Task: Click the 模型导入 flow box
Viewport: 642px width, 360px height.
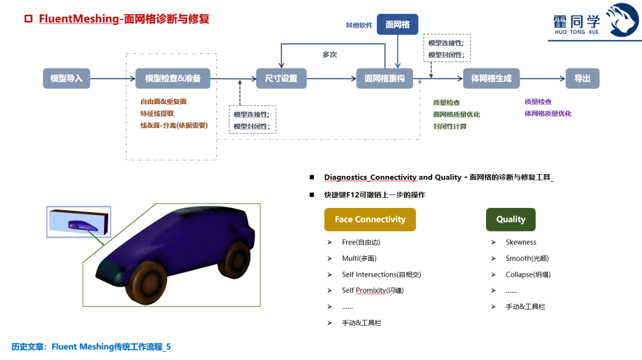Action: [67, 78]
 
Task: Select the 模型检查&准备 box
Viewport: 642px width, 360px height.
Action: [172, 78]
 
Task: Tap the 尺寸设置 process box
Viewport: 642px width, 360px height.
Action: [281, 78]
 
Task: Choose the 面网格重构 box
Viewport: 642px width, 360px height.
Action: [385, 78]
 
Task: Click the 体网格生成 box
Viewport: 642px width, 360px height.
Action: [492, 78]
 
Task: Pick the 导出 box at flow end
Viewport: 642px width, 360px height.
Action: [582, 78]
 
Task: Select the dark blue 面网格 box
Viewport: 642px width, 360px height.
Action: [398, 24]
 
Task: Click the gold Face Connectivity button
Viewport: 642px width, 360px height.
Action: [370, 219]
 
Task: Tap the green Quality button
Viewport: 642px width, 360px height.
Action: [511, 219]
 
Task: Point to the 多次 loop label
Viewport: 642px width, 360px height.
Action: [329, 55]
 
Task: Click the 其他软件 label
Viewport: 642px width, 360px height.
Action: [359, 26]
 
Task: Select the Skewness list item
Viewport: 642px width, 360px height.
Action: [521, 242]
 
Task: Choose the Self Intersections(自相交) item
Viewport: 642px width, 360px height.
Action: [382, 274]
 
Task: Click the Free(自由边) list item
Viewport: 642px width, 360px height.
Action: [361, 242]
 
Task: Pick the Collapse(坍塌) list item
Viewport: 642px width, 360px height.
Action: [528, 274]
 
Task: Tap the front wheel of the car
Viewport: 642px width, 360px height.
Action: [146, 282]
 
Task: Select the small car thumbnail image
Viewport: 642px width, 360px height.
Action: [78, 222]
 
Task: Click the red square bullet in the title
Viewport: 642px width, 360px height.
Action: [29, 19]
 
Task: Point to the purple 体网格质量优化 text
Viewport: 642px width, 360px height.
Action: [548, 113]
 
